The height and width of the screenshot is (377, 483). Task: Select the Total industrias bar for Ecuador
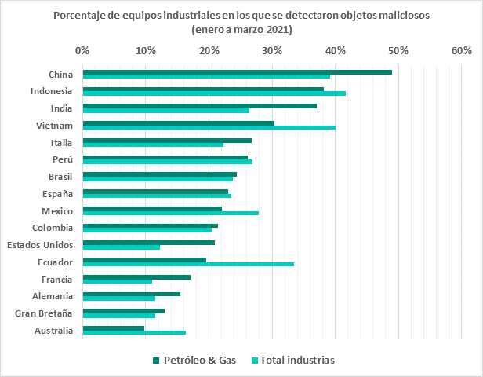click(x=188, y=264)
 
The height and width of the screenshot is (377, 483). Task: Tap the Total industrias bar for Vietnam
click(x=209, y=127)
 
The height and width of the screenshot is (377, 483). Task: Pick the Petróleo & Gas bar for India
click(x=199, y=106)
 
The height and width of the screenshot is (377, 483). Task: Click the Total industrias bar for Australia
click(x=134, y=332)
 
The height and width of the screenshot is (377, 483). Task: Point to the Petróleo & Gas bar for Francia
click(x=136, y=276)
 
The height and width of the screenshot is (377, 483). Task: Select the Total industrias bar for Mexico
click(x=170, y=213)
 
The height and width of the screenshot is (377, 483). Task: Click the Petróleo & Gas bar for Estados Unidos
click(x=148, y=242)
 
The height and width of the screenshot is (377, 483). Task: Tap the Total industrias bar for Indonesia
click(x=214, y=93)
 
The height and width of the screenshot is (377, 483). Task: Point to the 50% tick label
click(x=398, y=51)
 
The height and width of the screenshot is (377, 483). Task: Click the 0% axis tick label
click(x=82, y=51)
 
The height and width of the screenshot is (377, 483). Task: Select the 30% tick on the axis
click(x=272, y=51)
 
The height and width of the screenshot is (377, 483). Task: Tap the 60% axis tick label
click(x=462, y=51)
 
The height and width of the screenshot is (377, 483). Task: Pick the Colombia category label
click(x=53, y=228)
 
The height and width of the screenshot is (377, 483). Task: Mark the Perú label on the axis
click(x=62, y=159)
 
